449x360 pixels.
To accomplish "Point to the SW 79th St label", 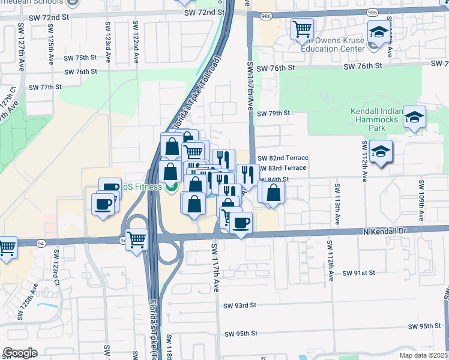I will point(273,113).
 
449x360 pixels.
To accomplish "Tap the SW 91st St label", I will point(358,272).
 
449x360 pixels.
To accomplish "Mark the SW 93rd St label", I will point(240,305).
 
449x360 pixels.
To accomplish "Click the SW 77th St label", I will point(46,87).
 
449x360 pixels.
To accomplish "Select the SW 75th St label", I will point(81,58).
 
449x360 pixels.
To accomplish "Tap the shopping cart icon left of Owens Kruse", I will point(303,29).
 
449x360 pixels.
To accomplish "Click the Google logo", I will point(20,352).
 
